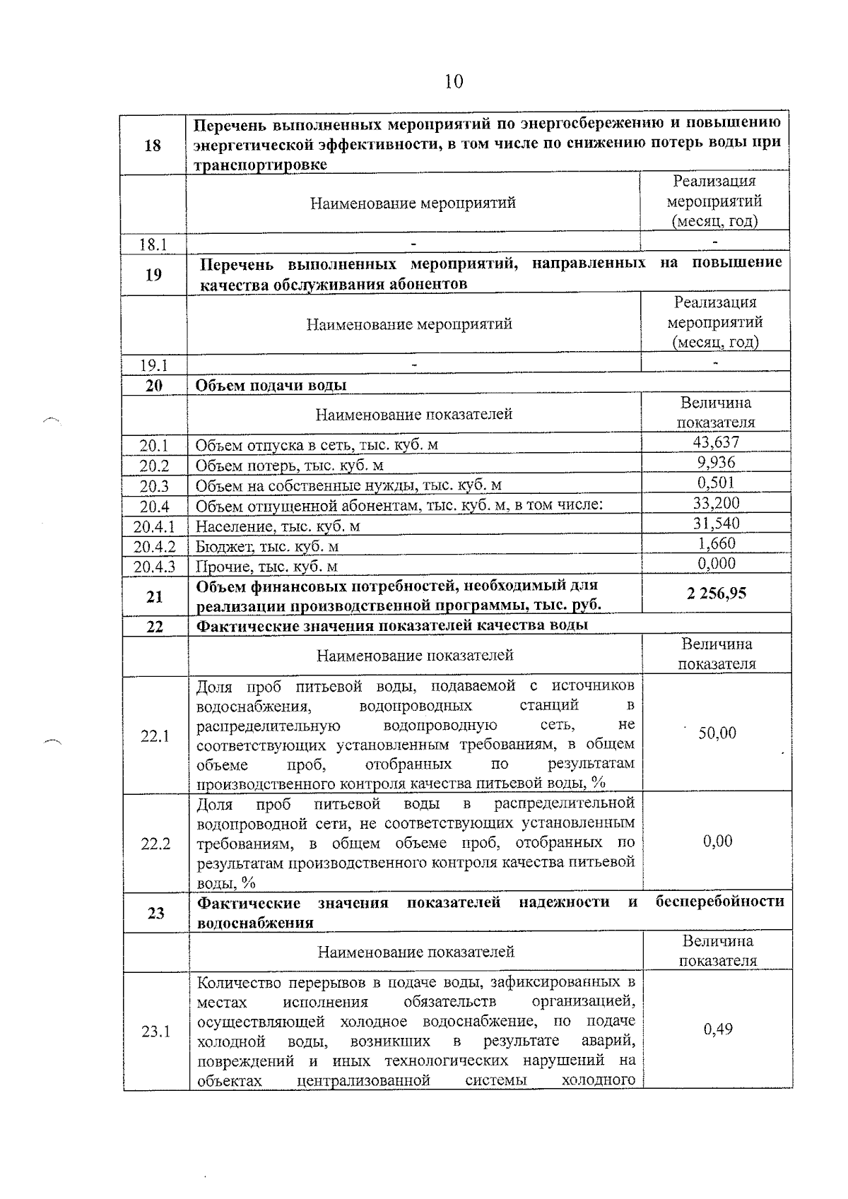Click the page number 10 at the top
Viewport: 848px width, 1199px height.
point(454,82)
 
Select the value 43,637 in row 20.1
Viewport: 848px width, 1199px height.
point(716,443)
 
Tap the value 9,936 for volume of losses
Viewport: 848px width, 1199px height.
point(716,463)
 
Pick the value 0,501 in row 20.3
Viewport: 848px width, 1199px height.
point(716,483)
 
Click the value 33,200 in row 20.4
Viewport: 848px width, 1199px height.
point(716,503)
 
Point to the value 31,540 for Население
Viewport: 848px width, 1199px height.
point(716,524)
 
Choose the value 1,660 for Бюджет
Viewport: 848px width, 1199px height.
point(717,543)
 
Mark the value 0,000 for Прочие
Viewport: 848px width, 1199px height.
point(717,564)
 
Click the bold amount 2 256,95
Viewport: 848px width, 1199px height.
point(716,593)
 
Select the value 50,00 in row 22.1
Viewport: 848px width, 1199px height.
point(717,733)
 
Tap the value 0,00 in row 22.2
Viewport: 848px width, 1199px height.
point(717,841)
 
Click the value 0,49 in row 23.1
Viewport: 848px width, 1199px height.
point(718,1029)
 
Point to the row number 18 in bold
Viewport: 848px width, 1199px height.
point(153,146)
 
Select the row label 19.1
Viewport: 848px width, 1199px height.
point(153,366)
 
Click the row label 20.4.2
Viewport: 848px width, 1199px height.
point(155,547)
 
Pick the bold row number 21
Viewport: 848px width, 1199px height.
point(155,597)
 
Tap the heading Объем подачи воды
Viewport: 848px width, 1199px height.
point(271,386)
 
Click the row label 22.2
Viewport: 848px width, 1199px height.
point(155,844)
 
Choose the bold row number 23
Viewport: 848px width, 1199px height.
point(156,913)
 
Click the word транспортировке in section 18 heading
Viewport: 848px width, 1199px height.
point(261,165)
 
